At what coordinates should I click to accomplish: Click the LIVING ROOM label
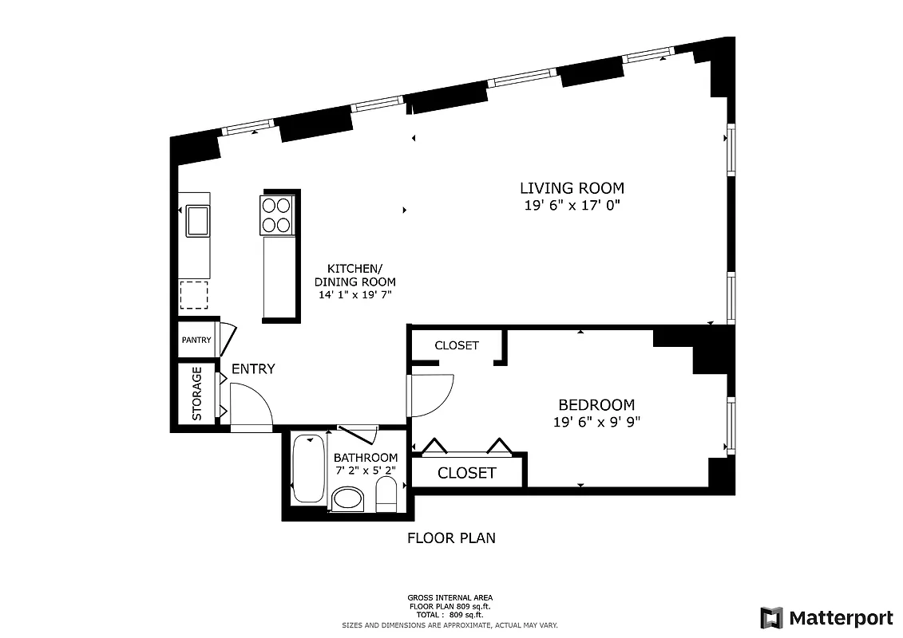[x=572, y=188]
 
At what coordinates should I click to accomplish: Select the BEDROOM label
[x=596, y=405]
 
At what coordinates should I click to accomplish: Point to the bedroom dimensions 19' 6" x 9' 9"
[x=596, y=423]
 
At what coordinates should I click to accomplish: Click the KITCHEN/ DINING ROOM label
[x=354, y=275]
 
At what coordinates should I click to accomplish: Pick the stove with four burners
[x=277, y=215]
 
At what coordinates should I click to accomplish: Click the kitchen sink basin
[x=197, y=220]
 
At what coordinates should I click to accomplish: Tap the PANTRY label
[x=196, y=341]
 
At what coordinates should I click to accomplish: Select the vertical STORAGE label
[x=197, y=394]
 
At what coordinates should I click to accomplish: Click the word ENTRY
[x=253, y=369]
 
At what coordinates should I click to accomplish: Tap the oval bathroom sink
[x=347, y=500]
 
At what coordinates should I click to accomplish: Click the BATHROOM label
[x=365, y=458]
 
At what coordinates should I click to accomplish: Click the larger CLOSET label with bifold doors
[x=467, y=473]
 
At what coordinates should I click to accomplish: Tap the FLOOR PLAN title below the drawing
[x=451, y=538]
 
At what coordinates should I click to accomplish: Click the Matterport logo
[x=826, y=617]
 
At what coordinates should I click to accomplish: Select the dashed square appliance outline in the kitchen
[x=194, y=295]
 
